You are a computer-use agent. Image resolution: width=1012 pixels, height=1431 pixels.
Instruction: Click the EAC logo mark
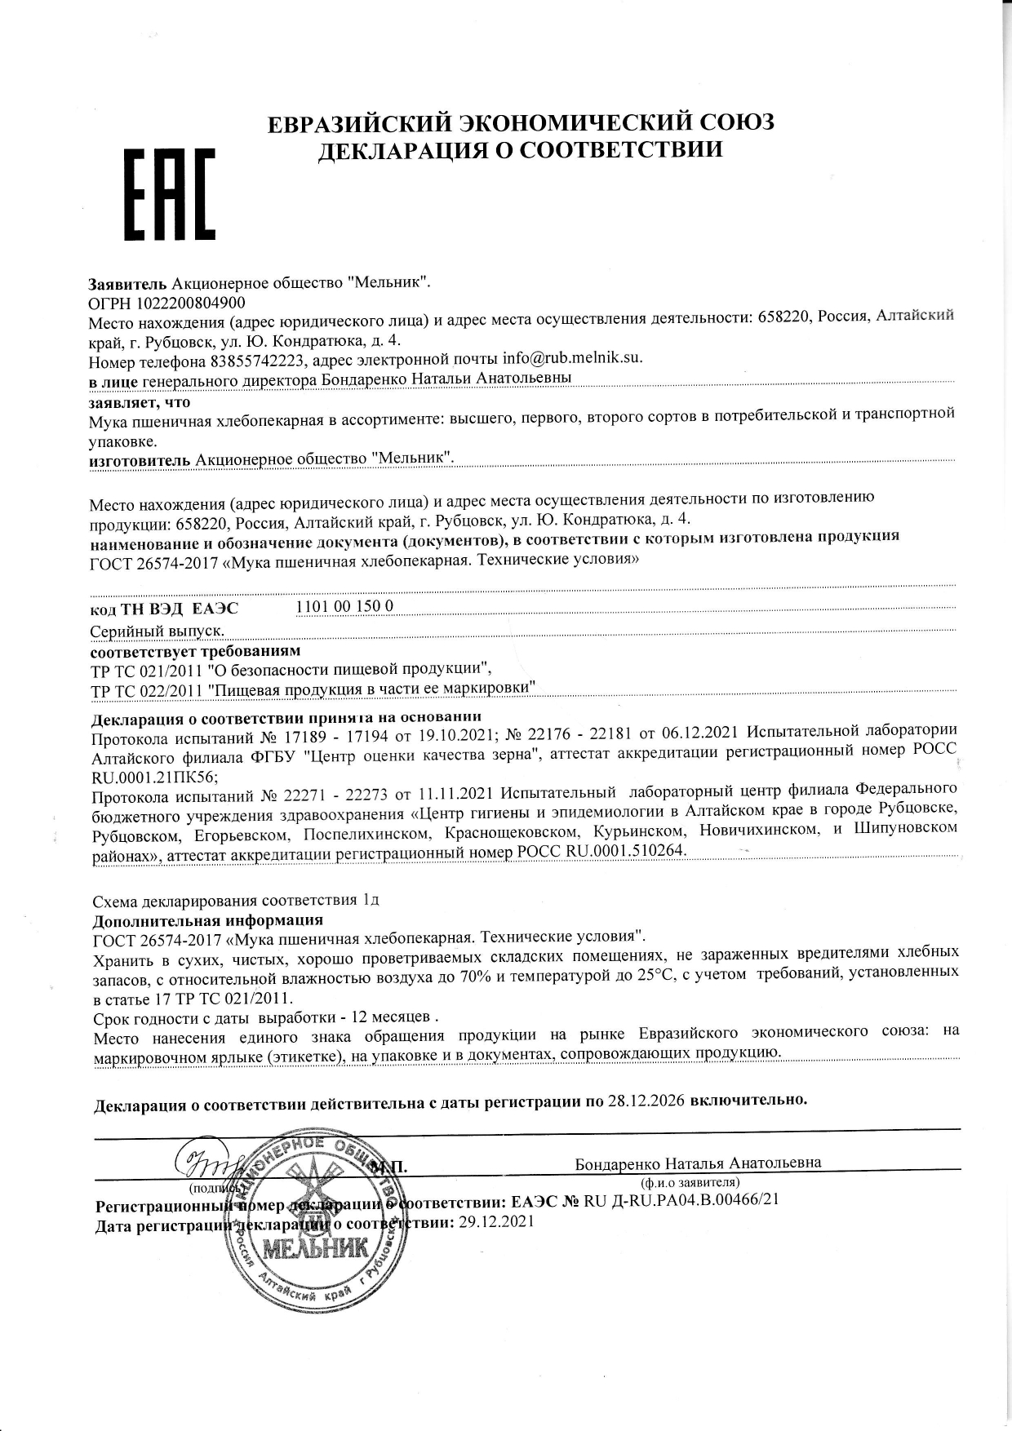tap(169, 193)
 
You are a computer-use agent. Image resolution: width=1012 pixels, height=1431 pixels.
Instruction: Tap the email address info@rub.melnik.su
tap(573, 358)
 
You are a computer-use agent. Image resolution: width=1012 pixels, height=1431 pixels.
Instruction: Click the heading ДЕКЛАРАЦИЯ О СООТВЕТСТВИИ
tap(520, 150)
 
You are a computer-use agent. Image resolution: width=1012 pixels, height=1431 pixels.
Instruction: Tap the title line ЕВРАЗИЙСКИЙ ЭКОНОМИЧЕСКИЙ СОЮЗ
tap(521, 123)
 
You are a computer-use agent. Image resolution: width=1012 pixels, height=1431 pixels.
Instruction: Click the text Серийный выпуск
tap(158, 631)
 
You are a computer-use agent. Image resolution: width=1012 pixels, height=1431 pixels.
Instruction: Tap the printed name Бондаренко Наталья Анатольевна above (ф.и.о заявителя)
tap(699, 1163)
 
